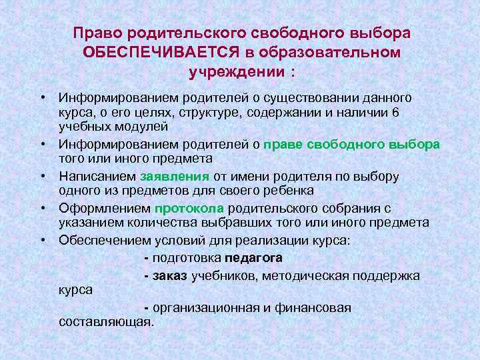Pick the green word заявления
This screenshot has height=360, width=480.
(175, 177)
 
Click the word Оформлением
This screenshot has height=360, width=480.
(105, 209)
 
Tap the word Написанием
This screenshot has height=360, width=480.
(97, 177)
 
